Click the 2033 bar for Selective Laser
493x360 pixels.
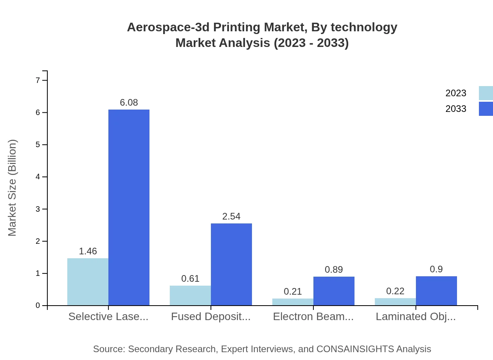(129, 207)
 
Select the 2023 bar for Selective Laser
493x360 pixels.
(88, 282)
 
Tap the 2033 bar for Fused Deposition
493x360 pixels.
(231, 264)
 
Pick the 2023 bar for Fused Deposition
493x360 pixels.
(190, 295)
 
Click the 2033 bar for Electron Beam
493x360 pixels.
(334, 291)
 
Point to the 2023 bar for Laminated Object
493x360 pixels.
(395, 302)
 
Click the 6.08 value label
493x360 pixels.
(129, 103)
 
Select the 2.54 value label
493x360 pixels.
(231, 216)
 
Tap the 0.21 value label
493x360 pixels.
(293, 292)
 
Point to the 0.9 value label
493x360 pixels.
(436, 269)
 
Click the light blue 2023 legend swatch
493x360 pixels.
(486, 93)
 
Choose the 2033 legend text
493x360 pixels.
(456, 109)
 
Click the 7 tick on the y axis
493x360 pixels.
(38, 80)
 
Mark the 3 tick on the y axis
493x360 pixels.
(38, 209)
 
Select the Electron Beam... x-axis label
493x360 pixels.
(313, 317)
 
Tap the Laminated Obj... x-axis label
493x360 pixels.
(416, 317)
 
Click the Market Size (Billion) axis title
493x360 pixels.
(13, 188)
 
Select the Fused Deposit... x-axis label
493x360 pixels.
(211, 317)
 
